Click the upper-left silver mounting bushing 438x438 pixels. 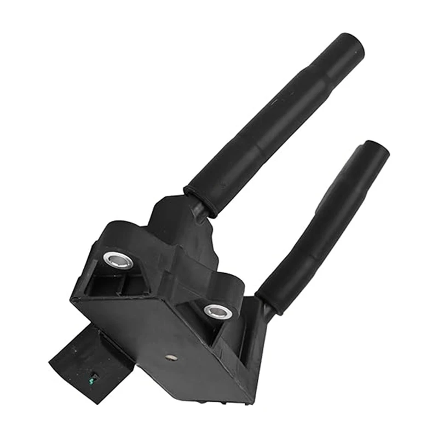point(118,259)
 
